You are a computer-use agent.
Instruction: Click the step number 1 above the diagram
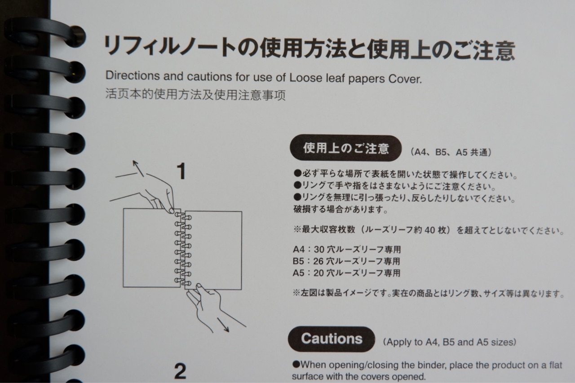point(181,172)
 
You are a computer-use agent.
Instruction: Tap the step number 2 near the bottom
point(180,371)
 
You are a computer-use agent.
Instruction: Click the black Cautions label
point(332,339)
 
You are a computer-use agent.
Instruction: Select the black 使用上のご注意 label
point(345,148)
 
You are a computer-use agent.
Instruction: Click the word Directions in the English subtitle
point(133,75)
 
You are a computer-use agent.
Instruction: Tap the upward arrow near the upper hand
point(138,168)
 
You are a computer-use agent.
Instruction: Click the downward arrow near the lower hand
point(223,325)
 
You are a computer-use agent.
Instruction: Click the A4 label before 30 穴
point(299,249)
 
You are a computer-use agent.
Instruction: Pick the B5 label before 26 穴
point(298,261)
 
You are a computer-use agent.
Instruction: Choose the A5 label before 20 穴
point(299,273)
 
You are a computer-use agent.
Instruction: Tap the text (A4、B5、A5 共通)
point(451,152)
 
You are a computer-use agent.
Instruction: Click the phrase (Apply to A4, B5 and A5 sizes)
point(450,342)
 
